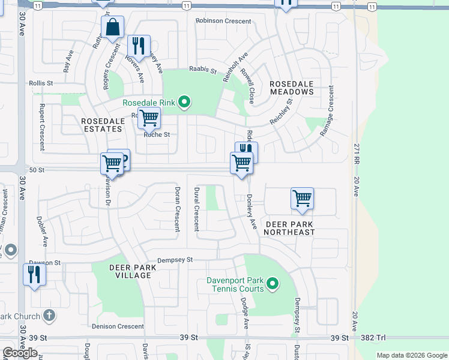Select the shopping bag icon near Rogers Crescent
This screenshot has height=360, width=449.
point(112,27)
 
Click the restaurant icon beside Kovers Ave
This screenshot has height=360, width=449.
point(139,46)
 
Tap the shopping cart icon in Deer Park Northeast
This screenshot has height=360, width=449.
point(303,199)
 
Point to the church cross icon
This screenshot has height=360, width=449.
point(49,316)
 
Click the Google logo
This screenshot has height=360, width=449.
point(20,353)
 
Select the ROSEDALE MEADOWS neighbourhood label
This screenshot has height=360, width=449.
point(291,88)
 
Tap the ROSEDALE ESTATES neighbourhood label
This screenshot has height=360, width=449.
point(103,124)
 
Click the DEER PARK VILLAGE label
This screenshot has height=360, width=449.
point(130,271)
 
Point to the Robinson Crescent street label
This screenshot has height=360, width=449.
point(223,20)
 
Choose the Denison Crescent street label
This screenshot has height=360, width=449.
point(118,326)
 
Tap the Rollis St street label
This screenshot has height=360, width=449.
point(41,83)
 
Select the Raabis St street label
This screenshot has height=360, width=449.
point(202,70)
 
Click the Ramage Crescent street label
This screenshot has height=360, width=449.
point(327,110)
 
